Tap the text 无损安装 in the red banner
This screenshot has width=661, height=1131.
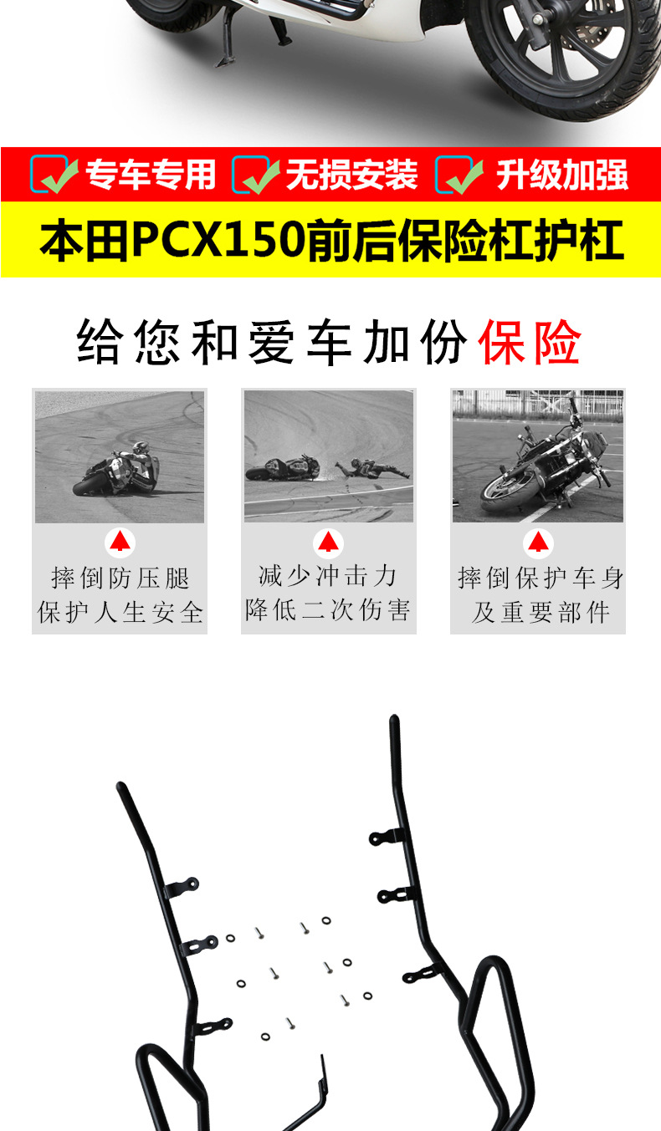[x=351, y=175]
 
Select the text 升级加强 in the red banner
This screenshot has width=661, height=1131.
[x=561, y=175]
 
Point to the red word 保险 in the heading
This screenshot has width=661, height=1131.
[x=530, y=343]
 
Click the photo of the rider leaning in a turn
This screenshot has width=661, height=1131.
[x=120, y=456]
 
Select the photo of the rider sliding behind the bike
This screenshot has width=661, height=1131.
[x=329, y=456]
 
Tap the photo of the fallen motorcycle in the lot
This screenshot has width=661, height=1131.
[x=538, y=456]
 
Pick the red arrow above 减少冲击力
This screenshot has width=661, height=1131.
[x=328, y=543]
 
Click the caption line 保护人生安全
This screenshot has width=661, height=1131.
[x=120, y=612]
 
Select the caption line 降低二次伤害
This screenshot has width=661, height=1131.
[x=328, y=610]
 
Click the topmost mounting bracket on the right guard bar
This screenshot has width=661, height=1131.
[x=388, y=836]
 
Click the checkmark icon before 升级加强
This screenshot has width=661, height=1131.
[x=459, y=175]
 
